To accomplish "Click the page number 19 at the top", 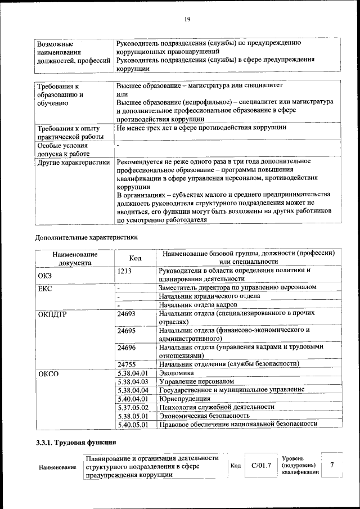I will click(187, 20).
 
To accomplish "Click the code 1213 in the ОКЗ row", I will click(125, 271).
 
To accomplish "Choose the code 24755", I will click(127, 364).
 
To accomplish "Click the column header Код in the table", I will click(135, 258).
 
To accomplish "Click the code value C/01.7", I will click(261, 466).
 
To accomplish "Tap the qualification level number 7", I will click(332, 465).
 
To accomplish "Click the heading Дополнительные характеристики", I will click(86, 237).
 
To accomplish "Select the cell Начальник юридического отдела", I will click(209, 296).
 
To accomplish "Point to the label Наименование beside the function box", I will click(57, 467).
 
